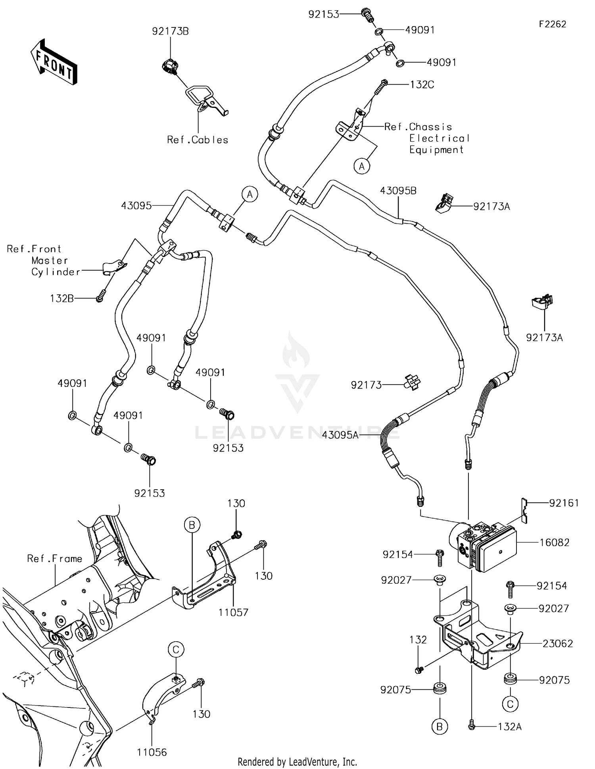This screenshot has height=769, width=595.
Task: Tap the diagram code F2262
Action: tap(552, 24)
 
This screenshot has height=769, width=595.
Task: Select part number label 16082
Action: tap(554, 542)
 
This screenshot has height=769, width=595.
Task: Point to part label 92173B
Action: tap(170, 31)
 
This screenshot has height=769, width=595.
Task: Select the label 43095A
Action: tap(340, 435)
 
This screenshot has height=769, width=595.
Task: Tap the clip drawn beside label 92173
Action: tap(412, 383)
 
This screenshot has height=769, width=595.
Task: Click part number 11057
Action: tap(233, 612)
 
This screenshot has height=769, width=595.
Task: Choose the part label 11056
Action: tap(152, 752)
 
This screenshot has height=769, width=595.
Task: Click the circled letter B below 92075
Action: tap(440, 727)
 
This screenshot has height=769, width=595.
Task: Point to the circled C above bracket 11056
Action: tap(176, 650)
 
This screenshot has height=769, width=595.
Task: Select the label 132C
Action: tap(422, 85)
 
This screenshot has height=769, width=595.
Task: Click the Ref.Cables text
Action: tap(198, 140)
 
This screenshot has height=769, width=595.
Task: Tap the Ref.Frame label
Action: tap(54, 559)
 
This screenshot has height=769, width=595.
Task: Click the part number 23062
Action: tap(558, 643)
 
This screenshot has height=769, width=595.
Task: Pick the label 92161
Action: tap(564, 503)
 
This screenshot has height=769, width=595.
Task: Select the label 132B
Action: tap(62, 298)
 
